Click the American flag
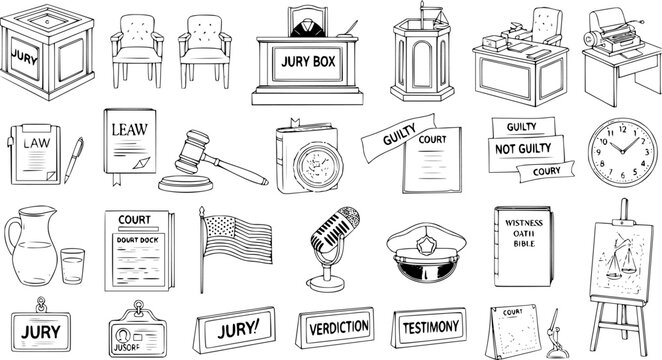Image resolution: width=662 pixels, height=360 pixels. [238, 241]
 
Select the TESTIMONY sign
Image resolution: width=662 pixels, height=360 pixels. [430, 327]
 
